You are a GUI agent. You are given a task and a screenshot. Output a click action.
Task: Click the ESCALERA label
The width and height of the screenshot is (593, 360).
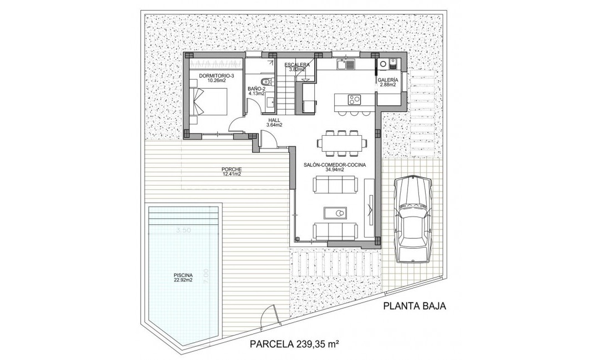[297, 65]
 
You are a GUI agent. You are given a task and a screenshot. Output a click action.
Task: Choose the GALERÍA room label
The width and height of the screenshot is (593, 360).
[386, 80]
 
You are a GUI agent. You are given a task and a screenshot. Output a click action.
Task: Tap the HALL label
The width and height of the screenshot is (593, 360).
[273, 120]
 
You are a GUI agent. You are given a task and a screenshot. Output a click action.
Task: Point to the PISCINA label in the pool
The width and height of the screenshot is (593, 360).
[182, 275]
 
